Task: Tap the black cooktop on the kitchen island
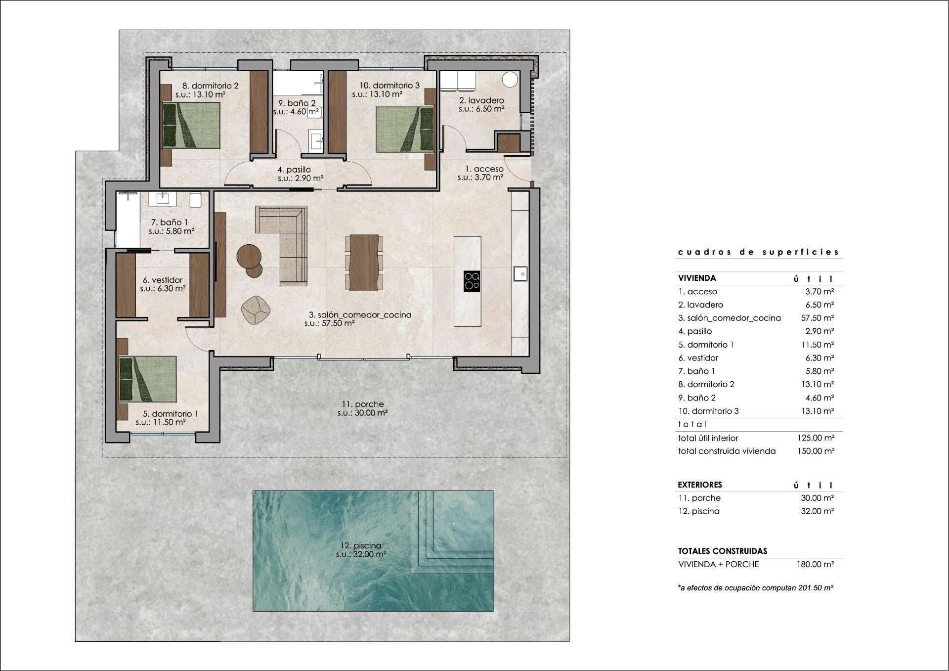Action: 472,280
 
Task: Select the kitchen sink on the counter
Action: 519,273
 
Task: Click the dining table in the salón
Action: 364,262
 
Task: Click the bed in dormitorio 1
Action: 148,379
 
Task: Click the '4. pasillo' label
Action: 294,170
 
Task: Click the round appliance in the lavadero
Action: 510,79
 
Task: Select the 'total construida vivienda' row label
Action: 727,451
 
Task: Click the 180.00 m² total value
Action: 815,564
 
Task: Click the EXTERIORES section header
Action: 700,485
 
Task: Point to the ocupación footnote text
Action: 756,588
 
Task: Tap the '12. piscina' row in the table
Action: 699,511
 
